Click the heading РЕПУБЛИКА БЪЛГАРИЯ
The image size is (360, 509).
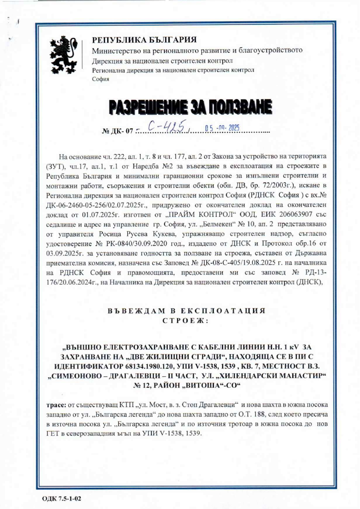145,40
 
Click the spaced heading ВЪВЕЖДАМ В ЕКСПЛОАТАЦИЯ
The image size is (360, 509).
187,310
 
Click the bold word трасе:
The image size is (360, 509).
56,404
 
